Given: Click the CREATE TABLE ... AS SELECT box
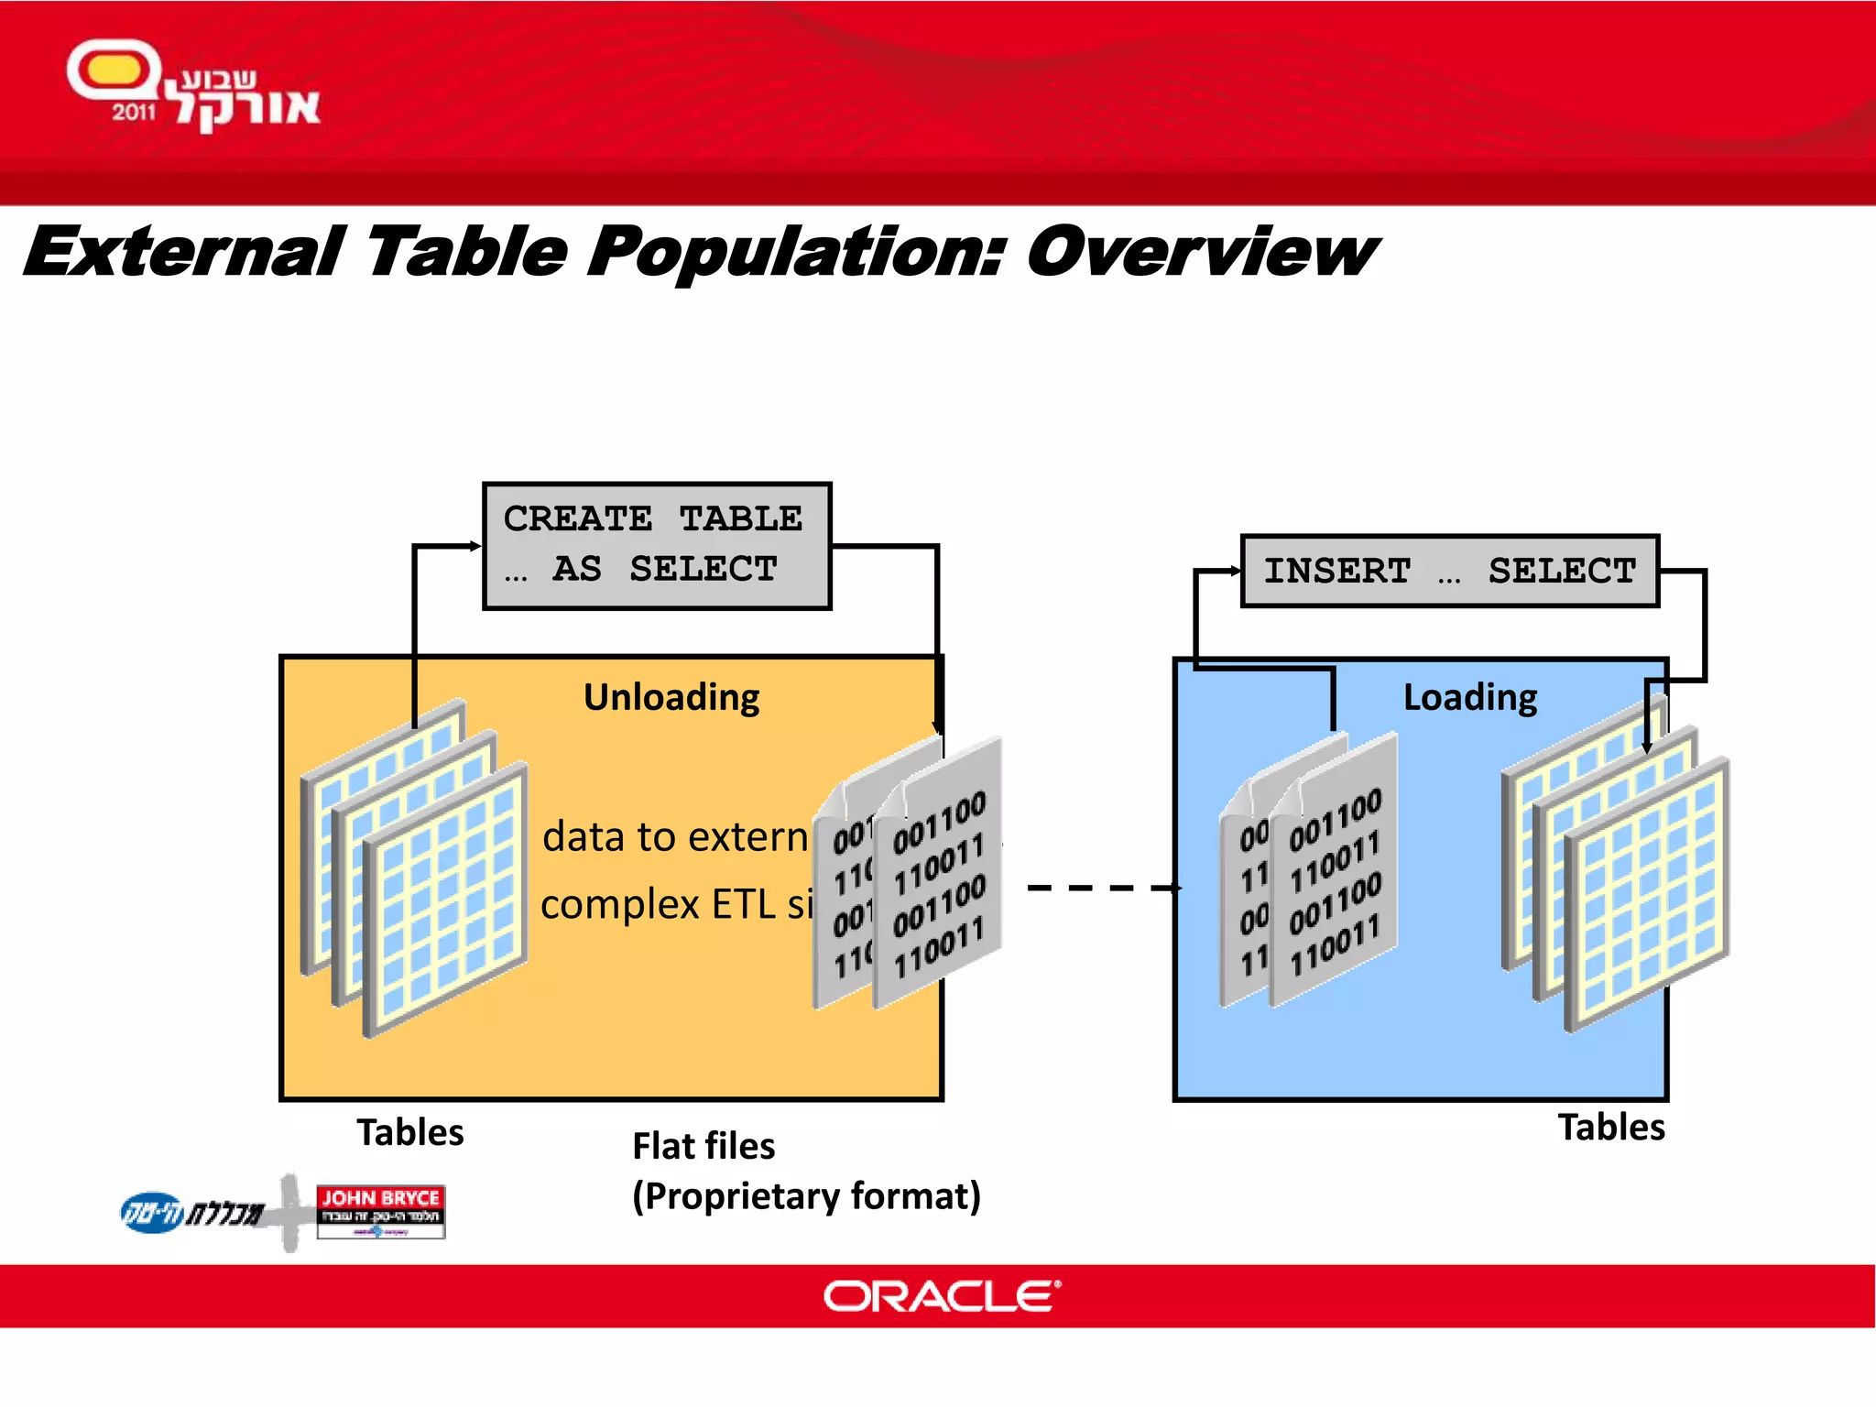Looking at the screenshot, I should (656, 545).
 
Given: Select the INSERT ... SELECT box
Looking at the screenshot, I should (1449, 571).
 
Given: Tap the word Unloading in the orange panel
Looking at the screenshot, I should (671, 697).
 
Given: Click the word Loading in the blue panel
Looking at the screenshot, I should (1469, 697).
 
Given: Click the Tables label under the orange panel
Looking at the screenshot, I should (410, 1132).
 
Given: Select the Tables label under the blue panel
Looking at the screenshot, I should (1611, 1127).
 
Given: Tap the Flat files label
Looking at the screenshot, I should (703, 1146).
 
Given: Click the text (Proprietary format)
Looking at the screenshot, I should (806, 1196).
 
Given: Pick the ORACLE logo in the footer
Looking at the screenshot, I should (942, 1296).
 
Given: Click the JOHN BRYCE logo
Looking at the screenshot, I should (380, 1211).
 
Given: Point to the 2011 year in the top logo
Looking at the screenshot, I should (134, 113).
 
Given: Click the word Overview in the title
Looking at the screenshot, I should (1200, 252).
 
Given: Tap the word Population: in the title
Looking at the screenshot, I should (795, 252).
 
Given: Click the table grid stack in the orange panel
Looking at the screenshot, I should (415, 870).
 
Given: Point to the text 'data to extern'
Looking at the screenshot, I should (675, 836).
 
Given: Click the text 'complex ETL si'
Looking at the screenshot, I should (676, 905).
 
